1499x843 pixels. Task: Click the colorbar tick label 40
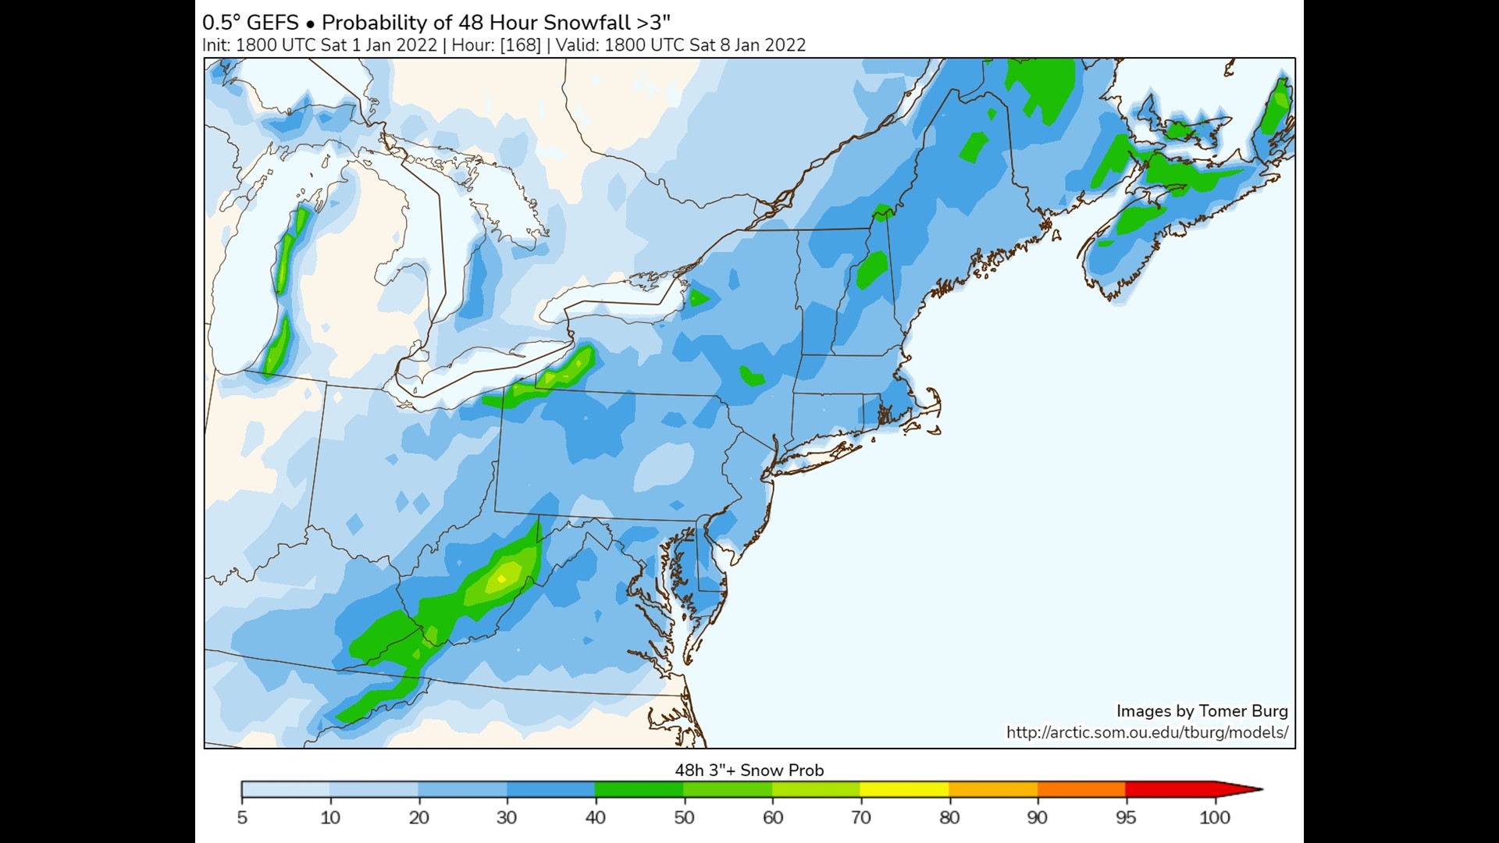(595, 817)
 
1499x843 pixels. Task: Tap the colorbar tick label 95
(1125, 817)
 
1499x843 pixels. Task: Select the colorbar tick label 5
(242, 817)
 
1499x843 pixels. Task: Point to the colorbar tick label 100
(1214, 817)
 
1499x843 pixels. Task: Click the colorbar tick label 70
(860, 817)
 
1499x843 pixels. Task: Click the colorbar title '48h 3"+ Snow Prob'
(749, 770)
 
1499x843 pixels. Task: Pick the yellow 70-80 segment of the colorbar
(904, 789)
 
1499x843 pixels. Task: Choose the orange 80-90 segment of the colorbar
(993, 789)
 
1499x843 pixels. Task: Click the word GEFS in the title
(272, 22)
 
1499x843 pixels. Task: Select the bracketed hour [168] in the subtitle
(520, 44)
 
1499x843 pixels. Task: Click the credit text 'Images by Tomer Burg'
(1201, 710)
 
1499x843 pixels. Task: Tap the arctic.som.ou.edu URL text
(1146, 732)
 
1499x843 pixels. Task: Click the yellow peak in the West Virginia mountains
(502, 578)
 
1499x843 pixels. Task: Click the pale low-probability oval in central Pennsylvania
(664, 466)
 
